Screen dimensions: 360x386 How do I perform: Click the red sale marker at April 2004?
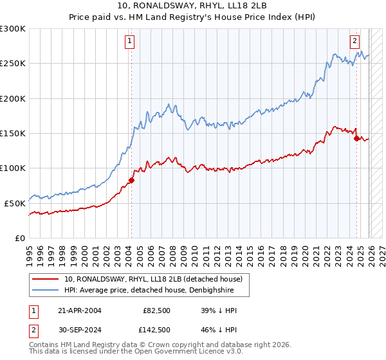pyautogui.click(x=131, y=180)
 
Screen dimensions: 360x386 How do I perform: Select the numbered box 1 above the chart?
pyautogui.click(x=130, y=41)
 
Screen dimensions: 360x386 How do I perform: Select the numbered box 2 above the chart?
pyautogui.click(x=354, y=41)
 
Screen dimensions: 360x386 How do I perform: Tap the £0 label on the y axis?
pyautogui.click(x=21, y=238)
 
